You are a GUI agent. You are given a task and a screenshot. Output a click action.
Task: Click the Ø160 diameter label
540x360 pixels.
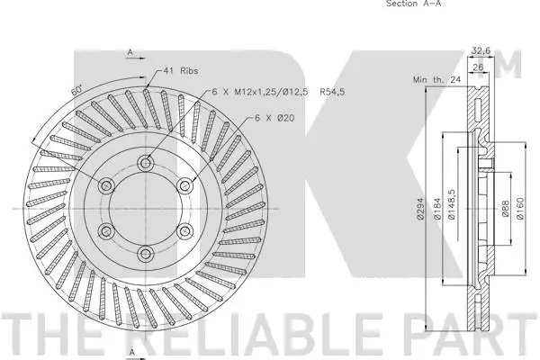click(x=521, y=208)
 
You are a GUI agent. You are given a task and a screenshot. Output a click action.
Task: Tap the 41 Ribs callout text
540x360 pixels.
click(x=180, y=69)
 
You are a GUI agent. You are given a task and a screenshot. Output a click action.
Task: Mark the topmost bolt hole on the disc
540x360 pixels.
click(x=146, y=162)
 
